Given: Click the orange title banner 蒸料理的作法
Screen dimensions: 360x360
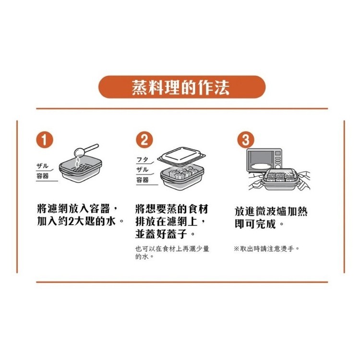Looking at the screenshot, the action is [x=182, y=87].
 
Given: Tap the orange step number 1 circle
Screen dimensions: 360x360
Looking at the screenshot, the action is [x=45, y=140].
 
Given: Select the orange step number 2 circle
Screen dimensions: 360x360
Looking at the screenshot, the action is [x=144, y=140].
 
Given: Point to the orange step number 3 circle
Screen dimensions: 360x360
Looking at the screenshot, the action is [x=246, y=140].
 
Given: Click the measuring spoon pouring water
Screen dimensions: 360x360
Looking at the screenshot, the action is [x=86, y=150].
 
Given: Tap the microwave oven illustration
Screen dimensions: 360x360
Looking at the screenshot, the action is [x=264, y=160].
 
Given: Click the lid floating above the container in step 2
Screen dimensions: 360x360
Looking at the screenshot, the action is [x=181, y=156].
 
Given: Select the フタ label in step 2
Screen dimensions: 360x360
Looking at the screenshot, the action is [x=143, y=159].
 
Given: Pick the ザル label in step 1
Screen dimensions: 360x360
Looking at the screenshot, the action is [x=42, y=166].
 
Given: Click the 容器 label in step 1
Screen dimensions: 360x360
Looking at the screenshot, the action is [x=42, y=176].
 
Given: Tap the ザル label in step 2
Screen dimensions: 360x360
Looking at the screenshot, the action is [x=143, y=169].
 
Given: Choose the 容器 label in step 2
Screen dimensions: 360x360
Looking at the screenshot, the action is [x=143, y=180].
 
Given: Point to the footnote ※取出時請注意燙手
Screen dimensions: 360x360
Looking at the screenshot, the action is [x=266, y=249].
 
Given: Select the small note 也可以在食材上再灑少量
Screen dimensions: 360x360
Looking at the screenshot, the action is [x=172, y=249].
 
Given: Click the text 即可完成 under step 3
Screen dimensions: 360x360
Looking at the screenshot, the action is [x=255, y=224].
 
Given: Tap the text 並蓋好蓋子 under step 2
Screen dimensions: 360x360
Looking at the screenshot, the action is [x=161, y=234].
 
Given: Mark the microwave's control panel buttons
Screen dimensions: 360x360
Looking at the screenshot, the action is [x=278, y=159].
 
